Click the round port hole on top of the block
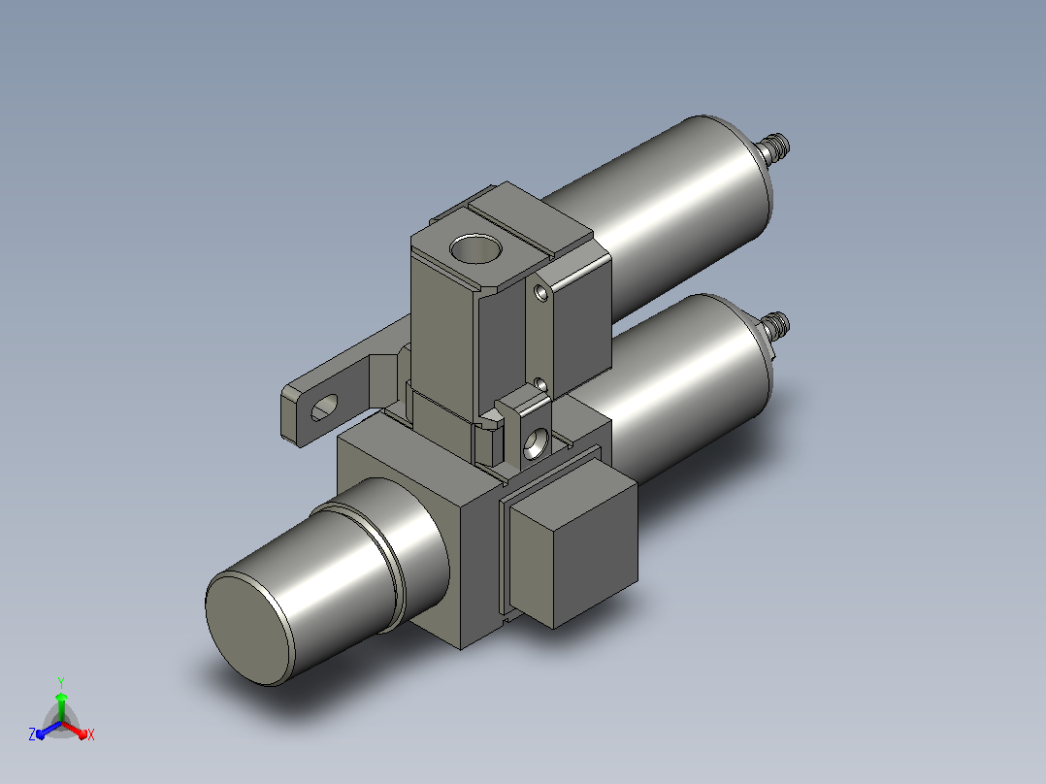point(475,248)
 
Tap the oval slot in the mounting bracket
point(324,407)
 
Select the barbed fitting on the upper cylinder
point(774,148)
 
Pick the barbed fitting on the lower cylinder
point(774,326)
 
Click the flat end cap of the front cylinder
point(248,628)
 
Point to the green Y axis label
point(61,682)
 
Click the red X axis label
point(91,735)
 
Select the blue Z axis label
point(32,734)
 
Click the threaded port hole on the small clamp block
point(536,443)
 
